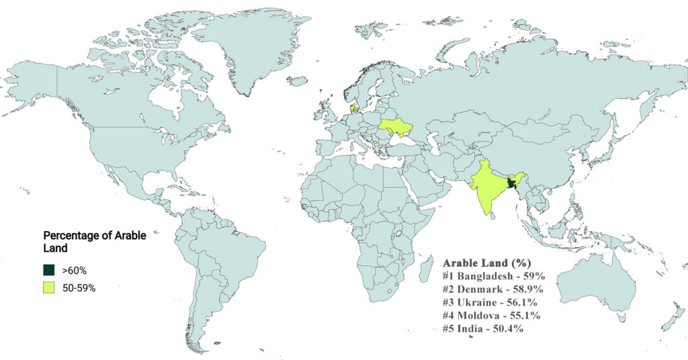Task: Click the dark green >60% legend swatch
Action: click(48, 270)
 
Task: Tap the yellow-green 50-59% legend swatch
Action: click(48, 287)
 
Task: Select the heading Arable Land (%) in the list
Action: click(484, 263)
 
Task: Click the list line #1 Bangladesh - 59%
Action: click(492, 276)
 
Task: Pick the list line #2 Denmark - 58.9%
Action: click(492, 289)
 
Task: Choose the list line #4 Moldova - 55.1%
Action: click(492, 316)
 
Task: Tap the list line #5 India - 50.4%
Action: click(483, 329)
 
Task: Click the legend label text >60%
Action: click(75, 271)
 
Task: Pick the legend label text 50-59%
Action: click(79, 287)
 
